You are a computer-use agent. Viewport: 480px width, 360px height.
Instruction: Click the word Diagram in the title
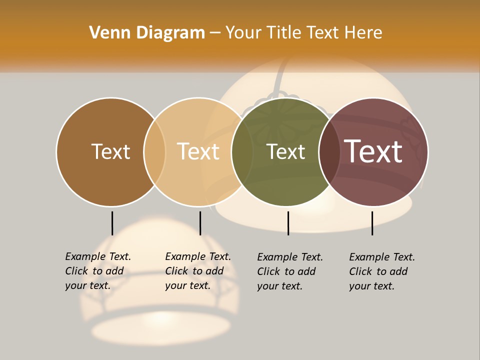(170, 33)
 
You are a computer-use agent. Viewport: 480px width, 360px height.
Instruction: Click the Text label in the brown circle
(110, 151)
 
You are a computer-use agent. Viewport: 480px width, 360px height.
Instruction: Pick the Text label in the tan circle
(198, 151)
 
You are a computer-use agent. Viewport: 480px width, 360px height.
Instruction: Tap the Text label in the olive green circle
(285, 151)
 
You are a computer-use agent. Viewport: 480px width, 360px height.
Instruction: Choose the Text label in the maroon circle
(373, 151)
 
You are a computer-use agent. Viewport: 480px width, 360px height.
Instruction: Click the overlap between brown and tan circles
(154, 152)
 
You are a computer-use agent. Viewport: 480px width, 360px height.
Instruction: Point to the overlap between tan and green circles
(242, 152)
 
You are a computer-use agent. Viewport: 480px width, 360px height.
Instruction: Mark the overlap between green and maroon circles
(329, 152)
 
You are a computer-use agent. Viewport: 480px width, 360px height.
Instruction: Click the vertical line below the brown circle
(112, 223)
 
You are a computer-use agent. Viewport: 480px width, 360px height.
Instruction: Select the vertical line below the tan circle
(200, 223)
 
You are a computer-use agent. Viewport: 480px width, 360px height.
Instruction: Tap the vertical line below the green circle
(288, 223)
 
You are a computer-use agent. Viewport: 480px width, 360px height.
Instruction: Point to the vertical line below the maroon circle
(372, 223)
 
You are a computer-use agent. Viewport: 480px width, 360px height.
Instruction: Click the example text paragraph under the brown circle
(98, 271)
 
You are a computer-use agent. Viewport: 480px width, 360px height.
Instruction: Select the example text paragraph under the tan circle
(198, 271)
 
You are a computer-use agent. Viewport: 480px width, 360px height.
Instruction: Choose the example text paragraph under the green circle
(290, 271)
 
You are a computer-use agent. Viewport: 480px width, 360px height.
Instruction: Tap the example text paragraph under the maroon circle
(382, 271)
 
